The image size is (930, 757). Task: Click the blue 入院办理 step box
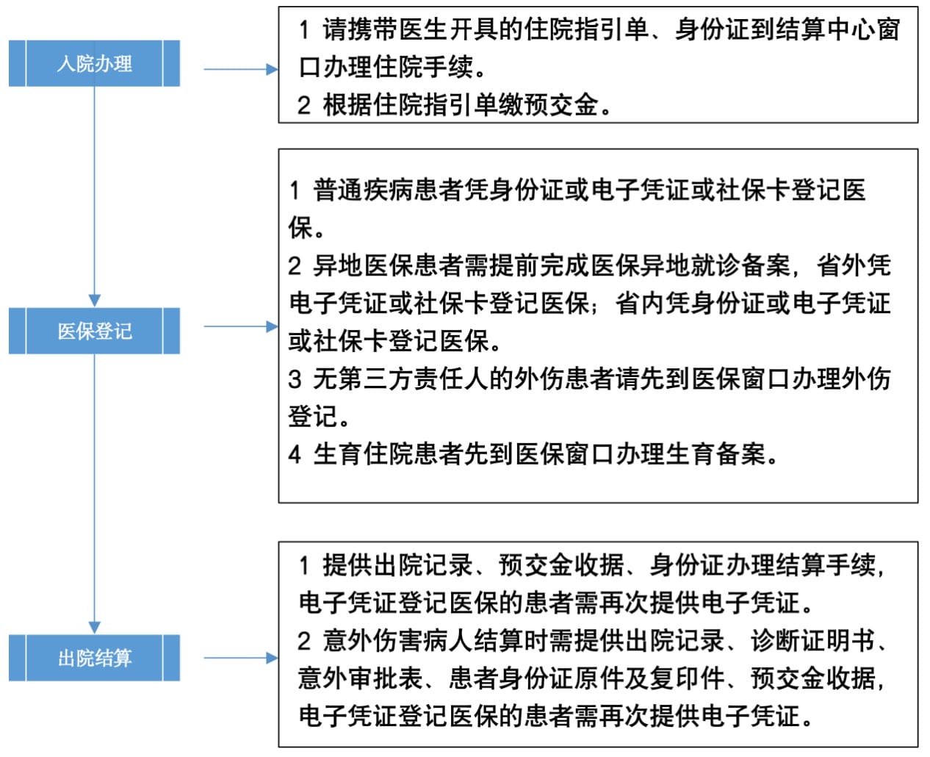[94, 64]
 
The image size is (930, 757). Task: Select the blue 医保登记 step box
[94, 331]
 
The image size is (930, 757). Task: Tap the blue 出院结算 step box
[94, 658]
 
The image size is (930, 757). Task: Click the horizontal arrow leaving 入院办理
[239, 69]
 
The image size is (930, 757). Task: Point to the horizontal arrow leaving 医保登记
[239, 326]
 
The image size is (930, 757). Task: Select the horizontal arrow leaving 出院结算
[239, 658]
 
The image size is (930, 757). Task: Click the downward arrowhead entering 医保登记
[94, 300]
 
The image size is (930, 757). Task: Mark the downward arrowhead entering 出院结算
[94, 626]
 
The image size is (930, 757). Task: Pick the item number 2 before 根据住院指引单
[304, 106]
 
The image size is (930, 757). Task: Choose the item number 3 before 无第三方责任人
[295, 379]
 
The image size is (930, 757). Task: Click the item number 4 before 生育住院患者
[295, 454]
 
